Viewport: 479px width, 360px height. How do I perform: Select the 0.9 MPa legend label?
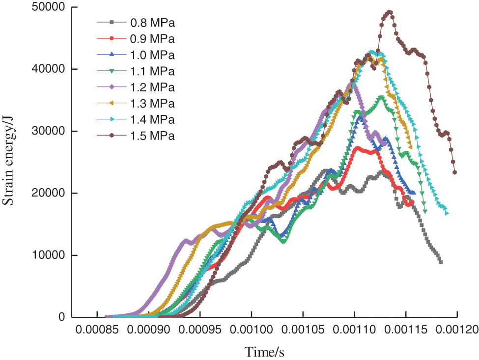pos(152,38)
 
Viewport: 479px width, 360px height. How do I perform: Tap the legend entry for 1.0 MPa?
pos(152,55)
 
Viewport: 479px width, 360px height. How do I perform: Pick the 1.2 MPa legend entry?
pos(152,87)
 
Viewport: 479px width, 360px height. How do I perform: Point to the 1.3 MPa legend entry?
pos(152,104)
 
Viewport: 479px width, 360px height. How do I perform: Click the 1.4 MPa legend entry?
pos(152,120)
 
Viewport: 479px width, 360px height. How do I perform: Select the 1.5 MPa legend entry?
pos(152,136)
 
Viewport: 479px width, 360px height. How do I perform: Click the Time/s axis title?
pos(265,352)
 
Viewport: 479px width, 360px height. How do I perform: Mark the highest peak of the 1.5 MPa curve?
pos(390,12)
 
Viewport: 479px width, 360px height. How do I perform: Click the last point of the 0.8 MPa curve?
pos(441,262)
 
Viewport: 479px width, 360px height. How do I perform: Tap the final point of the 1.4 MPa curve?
pos(447,213)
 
